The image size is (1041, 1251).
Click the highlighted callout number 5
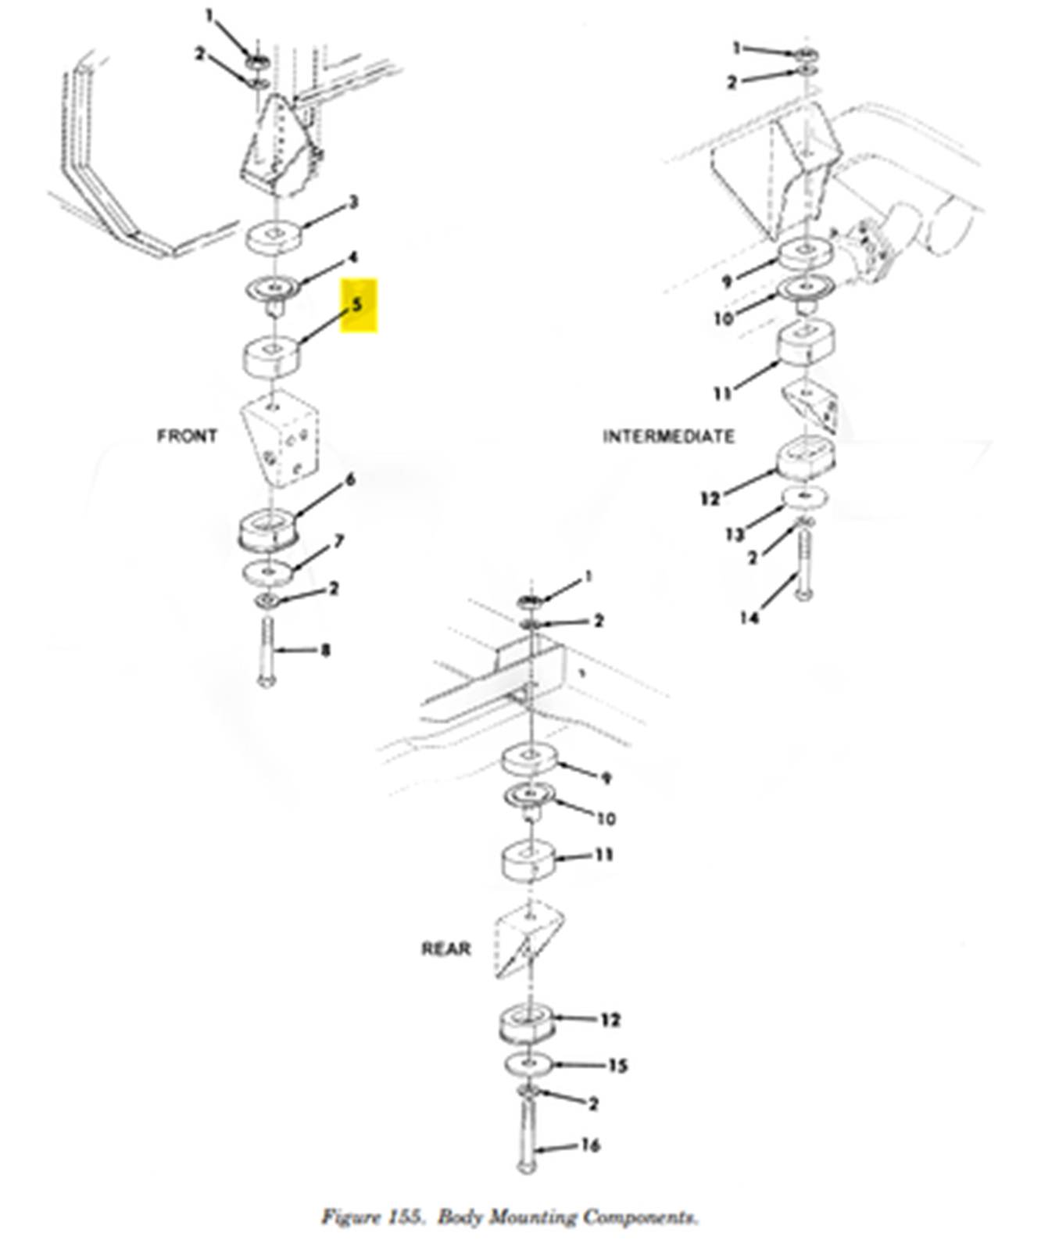[x=358, y=304]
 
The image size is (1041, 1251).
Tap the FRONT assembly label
[x=187, y=436]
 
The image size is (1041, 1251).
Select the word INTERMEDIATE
[x=668, y=436]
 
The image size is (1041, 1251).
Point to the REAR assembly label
[x=446, y=948]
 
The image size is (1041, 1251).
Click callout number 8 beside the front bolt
[x=326, y=650]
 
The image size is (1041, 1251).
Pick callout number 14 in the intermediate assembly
[x=749, y=618]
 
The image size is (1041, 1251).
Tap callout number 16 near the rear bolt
[x=590, y=1145]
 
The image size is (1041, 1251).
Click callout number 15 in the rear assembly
[x=617, y=1066]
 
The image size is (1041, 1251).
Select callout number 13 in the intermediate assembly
[x=734, y=535]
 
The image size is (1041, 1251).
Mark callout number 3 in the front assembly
[x=353, y=203]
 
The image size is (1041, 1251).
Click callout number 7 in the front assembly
[x=339, y=541]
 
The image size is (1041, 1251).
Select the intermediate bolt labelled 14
[x=803, y=563]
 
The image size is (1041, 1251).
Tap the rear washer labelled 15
[x=528, y=1064]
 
